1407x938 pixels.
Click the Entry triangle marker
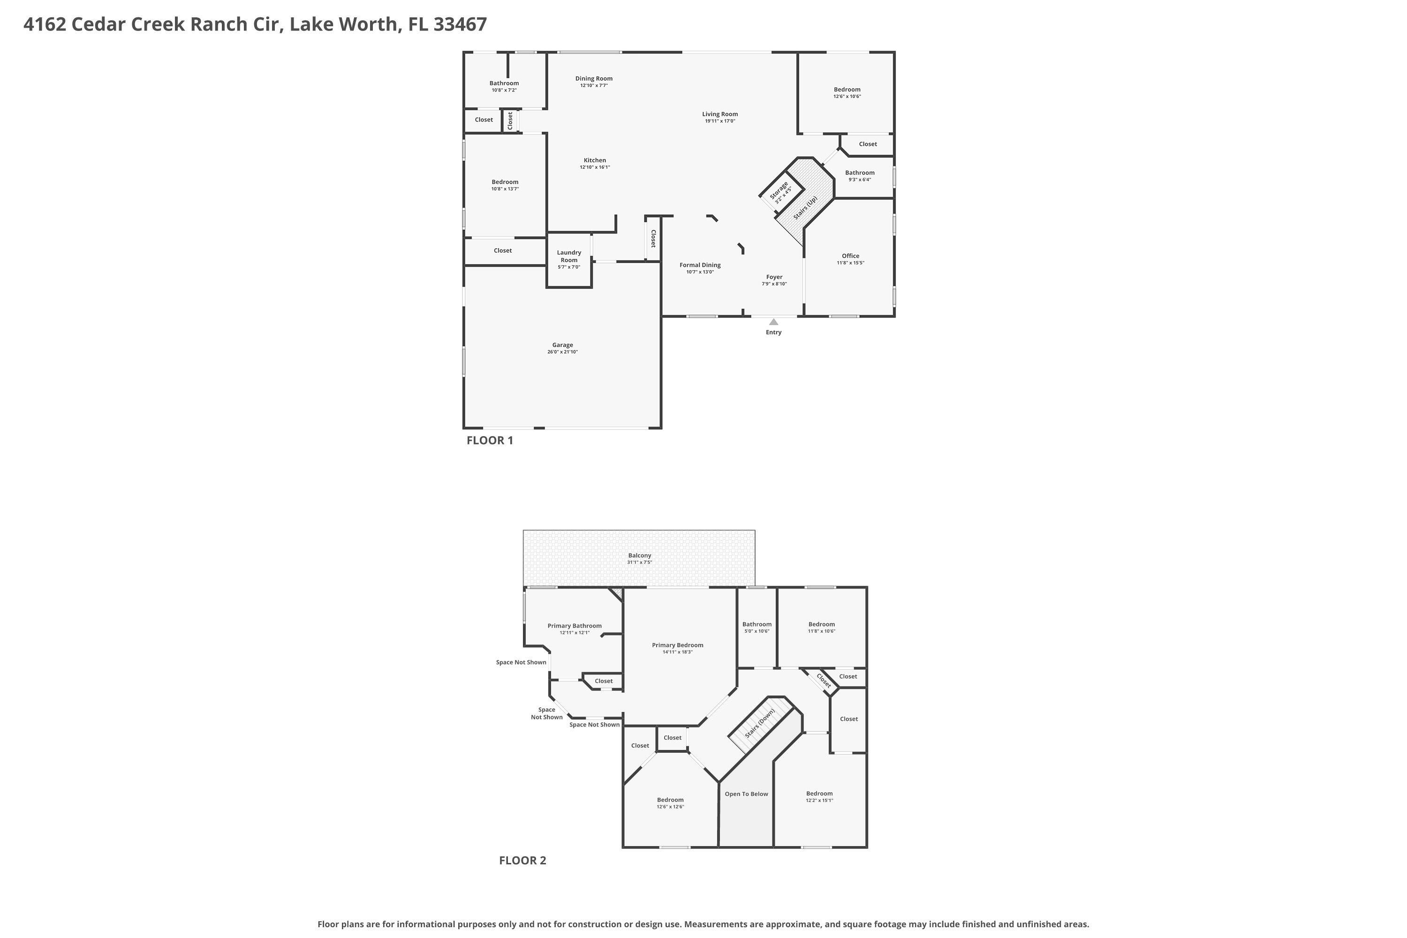click(773, 322)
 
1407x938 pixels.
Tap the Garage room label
click(562, 345)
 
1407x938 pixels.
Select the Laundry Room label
click(569, 256)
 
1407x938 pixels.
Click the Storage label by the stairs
click(779, 190)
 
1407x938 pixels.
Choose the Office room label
click(850, 256)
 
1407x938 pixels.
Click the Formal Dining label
click(700, 265)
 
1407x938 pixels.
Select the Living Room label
click(719, 114)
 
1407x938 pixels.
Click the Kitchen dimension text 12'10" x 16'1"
click(595, 167)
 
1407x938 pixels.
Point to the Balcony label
click(640, 556)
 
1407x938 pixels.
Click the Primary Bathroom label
click(574, 626)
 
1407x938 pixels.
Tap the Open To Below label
click(746, 794)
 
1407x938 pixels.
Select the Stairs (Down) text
click(760, 723)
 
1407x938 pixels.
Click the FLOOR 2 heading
click(522, 861)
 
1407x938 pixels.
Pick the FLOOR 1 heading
click(489, 441)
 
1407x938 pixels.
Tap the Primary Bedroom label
click(677, 645)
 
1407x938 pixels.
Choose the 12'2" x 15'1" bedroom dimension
click(819, 801)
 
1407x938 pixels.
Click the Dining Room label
click(593, 78)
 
